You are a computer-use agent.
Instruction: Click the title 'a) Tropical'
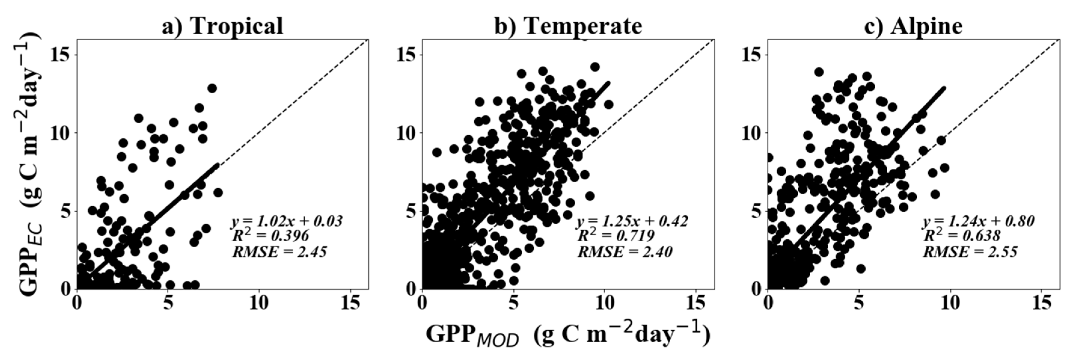coord(222,26)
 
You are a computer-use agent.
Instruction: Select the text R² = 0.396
coord(271,236)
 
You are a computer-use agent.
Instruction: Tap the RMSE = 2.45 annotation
coord(280,252)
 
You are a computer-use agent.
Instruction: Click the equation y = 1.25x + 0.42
coord(632,221)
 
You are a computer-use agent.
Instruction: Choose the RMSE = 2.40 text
coord(625,252)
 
